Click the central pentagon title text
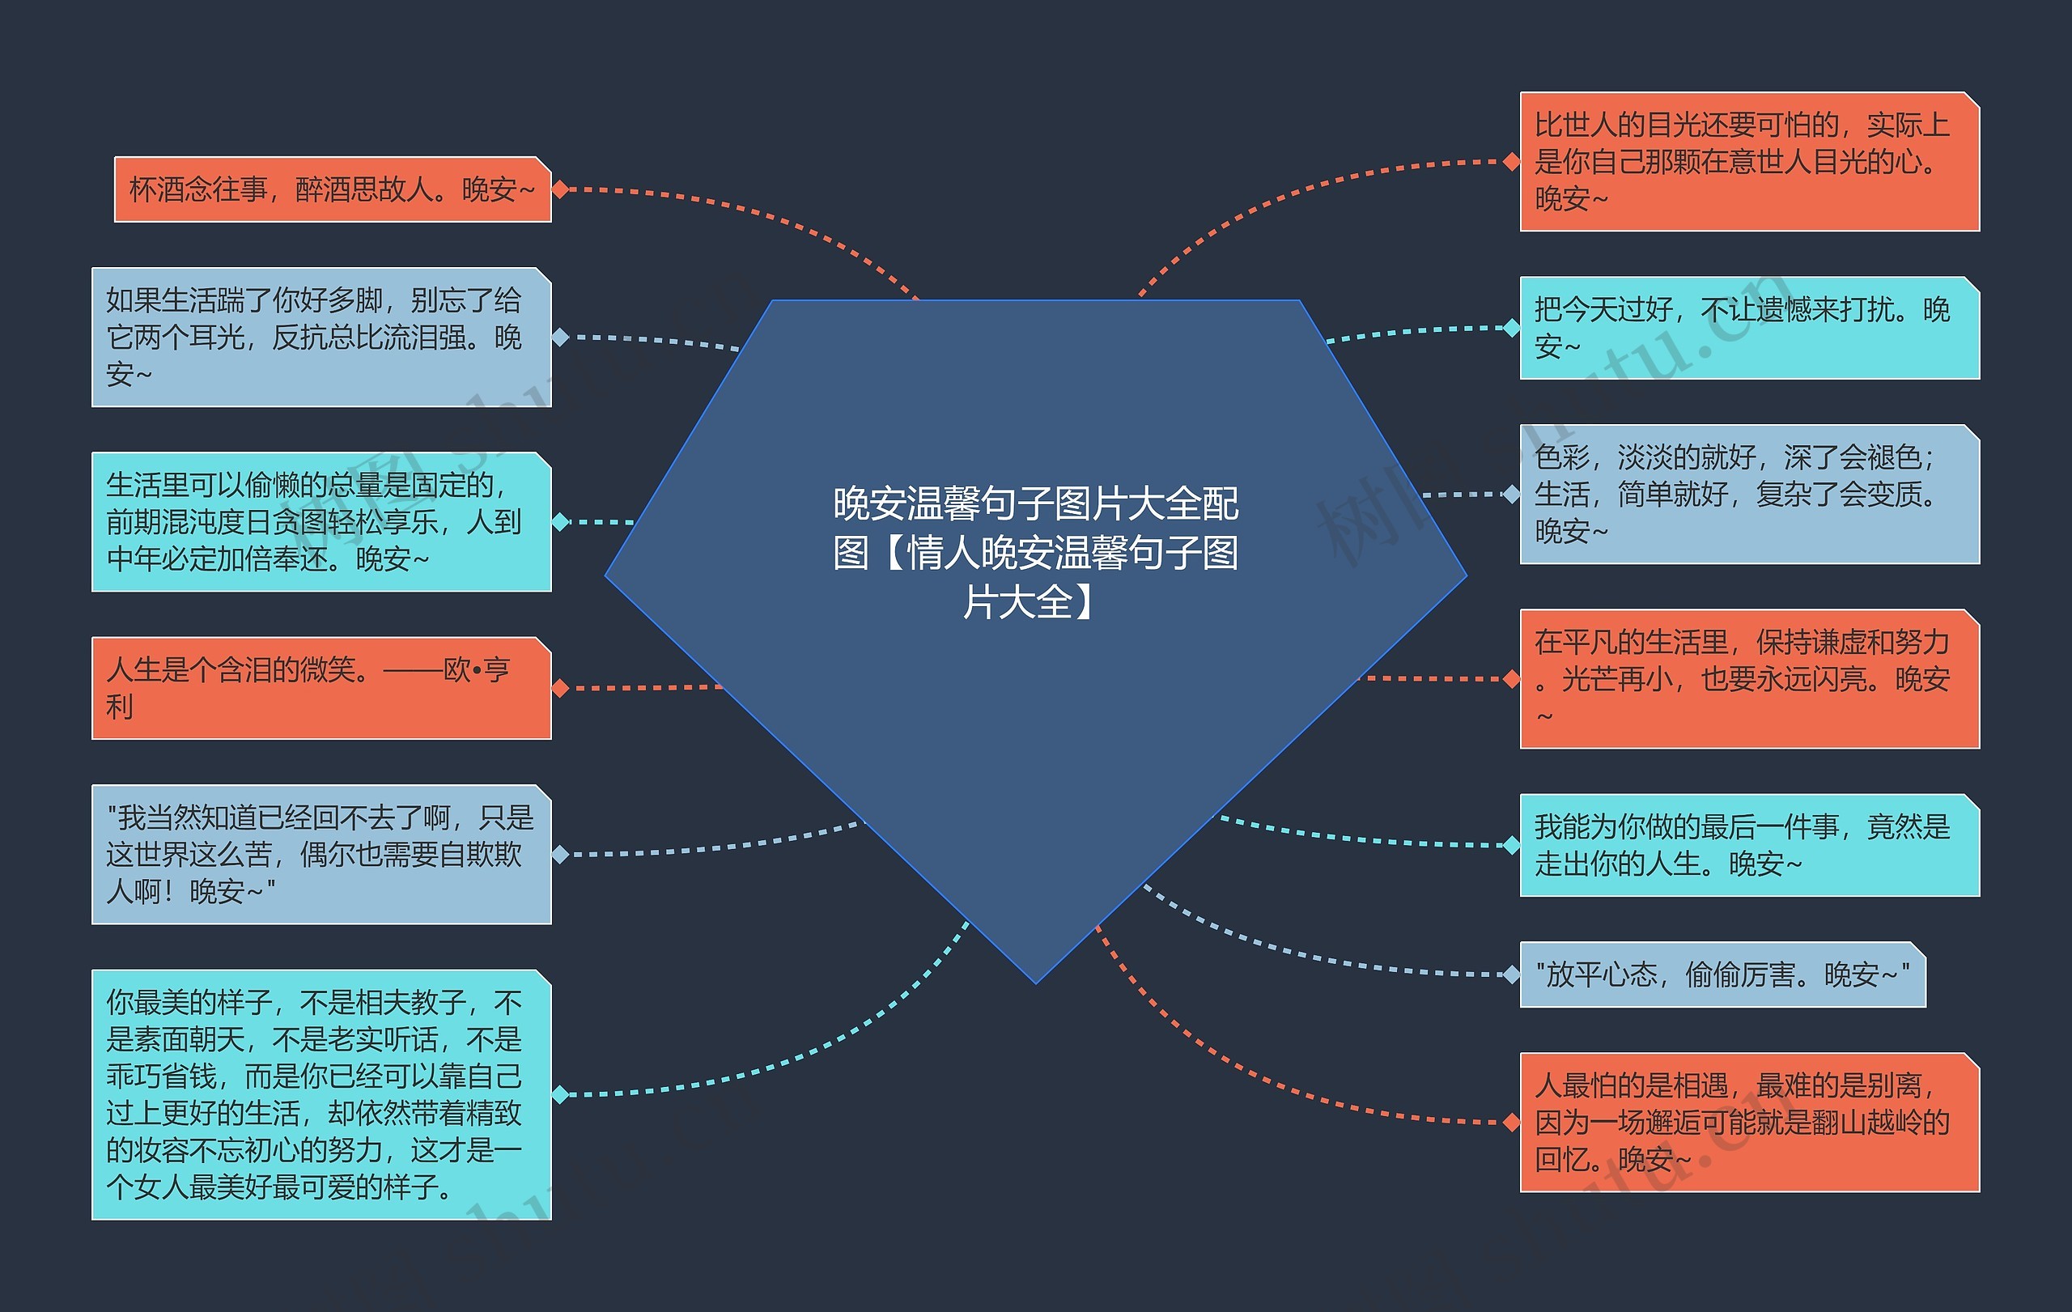pyautogui.click(x=1035, y=551)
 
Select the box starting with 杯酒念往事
pyautogui.click(x=332, y=189)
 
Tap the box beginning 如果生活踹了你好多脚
pyautogui.click(x=321, y=338)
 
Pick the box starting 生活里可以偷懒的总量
pyautogui.click(x=321, y=521)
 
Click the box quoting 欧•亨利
pyautogui.click(x=321, y=687)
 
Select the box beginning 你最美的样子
pyautogui.click(x=321, y=1094)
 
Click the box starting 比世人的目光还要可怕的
pyautogui.click(x=1749, y=162)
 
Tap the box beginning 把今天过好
pyautogui.click(x=1749, y=328)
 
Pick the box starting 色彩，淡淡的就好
pyautogui.click(x=1749, y=494)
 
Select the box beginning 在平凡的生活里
pyautogui.click(x=1749, y=678)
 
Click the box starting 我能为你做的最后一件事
pyautogui.click(x=1749, y=845)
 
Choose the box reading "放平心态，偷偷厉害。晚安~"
pyautogui.click(x=1722, y=974)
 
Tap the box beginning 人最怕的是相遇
pyautogui.click(x=1749, y=1122)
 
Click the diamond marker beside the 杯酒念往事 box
pyautogui.click(x=560, y=189)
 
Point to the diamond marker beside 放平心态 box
pyautogui.click(x=1511, y=974)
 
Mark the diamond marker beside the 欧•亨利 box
pyautogui.click(x=560, y=688)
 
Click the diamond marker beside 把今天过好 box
pyautogui.click(x=1511, y=328)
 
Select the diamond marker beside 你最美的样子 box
pyautogui.click(x=560, y=1094)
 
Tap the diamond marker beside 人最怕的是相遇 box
pyautogui.click(x=1511, y=1122)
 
